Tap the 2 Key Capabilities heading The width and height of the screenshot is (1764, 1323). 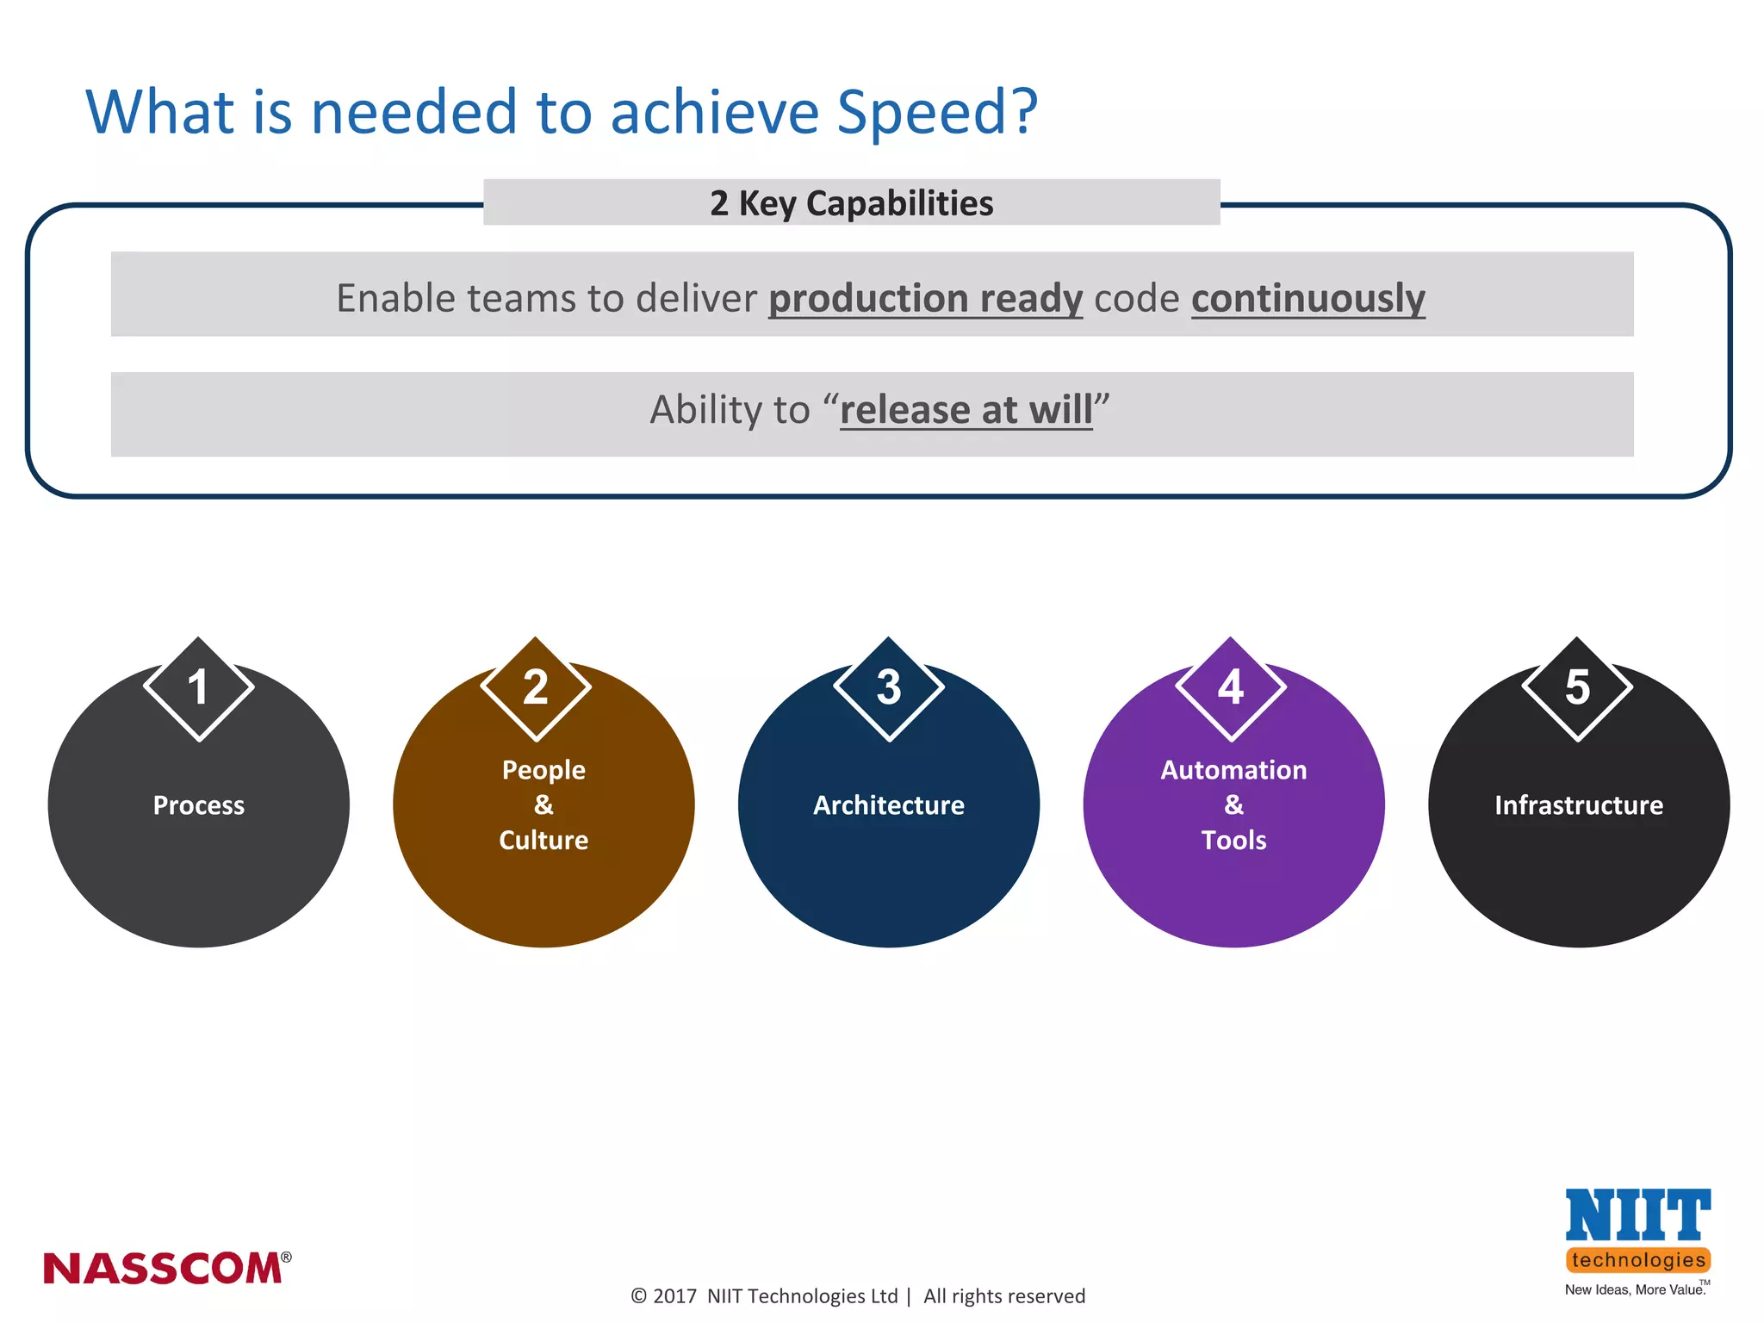tap(851, 203)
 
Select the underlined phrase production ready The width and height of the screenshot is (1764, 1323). tap(925, 298)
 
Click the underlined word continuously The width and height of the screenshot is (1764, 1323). tap(1307, 298)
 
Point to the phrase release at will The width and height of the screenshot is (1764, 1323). tap(966, 409)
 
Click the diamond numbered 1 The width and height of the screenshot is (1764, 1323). tap(199, 688)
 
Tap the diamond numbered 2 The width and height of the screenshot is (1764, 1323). tap(536, 688)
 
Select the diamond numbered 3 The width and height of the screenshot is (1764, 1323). tap(889, 688)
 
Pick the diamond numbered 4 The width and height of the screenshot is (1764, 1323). tap(1231, 688)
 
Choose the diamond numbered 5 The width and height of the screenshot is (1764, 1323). tap(1577, 688)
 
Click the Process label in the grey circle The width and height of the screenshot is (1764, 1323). tap(199, 805)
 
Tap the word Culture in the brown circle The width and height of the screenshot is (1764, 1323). tap(543, 840)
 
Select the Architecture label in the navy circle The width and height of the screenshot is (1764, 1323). tap(889, 805)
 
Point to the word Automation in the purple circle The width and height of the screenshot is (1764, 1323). tap(1233, 770)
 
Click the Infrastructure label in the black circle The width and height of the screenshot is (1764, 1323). tap(1579, 805)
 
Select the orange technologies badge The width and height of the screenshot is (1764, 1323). tap(1638, 1260)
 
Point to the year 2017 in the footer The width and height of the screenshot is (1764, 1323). tap(674, 1296)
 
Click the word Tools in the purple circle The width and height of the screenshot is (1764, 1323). tap(1233, 840)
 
